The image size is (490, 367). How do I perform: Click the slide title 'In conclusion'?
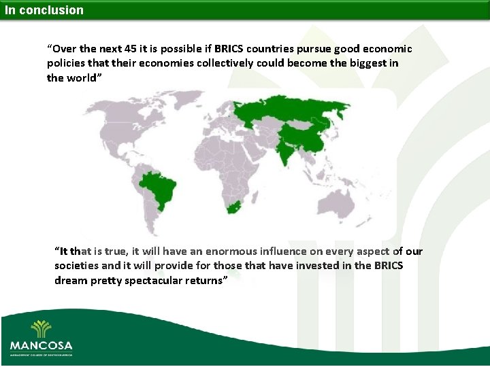tap(44, 10)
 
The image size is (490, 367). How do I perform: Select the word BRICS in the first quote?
tap(230, 49)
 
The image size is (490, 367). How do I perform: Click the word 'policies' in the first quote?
tap(67, 63)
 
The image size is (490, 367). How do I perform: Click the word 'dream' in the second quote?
tap(70, 280)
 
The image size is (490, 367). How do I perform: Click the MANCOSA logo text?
tap(40, 345)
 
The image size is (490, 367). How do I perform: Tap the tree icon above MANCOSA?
tap(40, 328)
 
